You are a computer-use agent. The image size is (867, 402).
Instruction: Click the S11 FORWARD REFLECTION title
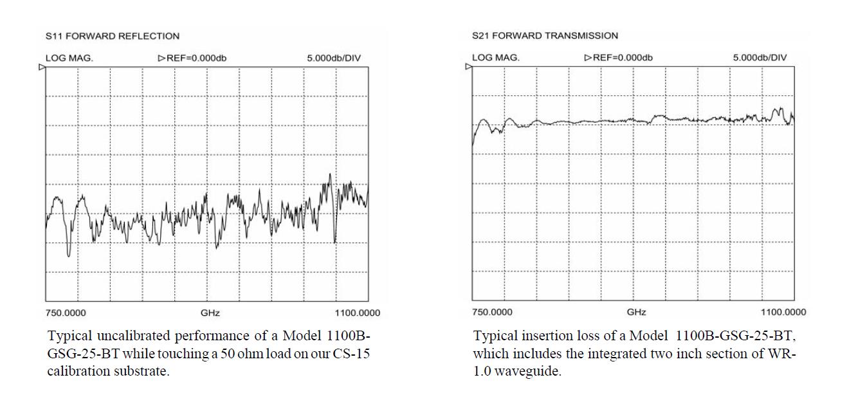coord(113,36)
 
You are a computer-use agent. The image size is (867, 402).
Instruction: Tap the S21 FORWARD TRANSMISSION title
coord(545,35)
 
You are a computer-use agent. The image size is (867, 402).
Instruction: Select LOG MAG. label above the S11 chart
coord(69,58)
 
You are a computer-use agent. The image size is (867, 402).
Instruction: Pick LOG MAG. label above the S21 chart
coord(496,57)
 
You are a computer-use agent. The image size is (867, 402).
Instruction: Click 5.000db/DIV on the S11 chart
coord(334,58)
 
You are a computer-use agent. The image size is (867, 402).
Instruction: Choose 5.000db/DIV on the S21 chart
coord(760,57)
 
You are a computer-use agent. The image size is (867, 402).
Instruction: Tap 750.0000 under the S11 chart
coord(66,313)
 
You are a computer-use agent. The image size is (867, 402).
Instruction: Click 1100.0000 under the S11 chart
coord(358,313)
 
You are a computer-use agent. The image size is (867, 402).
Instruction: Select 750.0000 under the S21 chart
coord(492,313)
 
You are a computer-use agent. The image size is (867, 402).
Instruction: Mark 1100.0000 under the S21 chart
coord(783,313)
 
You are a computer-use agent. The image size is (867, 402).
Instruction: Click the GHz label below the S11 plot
coord(210,313)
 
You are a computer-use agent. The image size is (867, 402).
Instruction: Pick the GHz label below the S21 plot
coord(636,313)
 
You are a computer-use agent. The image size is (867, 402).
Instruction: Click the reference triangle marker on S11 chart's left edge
coord(42,67)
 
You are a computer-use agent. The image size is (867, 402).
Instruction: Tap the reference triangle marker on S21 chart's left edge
coord(469,66)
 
